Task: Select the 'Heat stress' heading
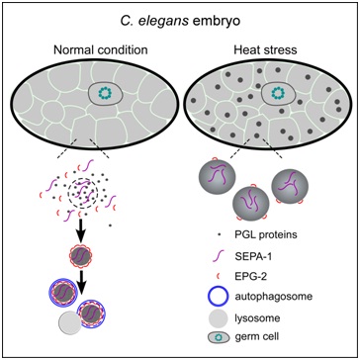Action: (265, 50)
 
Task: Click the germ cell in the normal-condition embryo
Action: (106, 94)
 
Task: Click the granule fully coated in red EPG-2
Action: (81, 256)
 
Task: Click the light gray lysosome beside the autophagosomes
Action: (70, 323)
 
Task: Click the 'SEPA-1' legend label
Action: (251, 256)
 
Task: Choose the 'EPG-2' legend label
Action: (248, 278)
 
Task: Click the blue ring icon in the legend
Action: (218, 290)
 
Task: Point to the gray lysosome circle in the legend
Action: (218, 318)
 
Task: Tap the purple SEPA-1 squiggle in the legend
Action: (218, 256)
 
